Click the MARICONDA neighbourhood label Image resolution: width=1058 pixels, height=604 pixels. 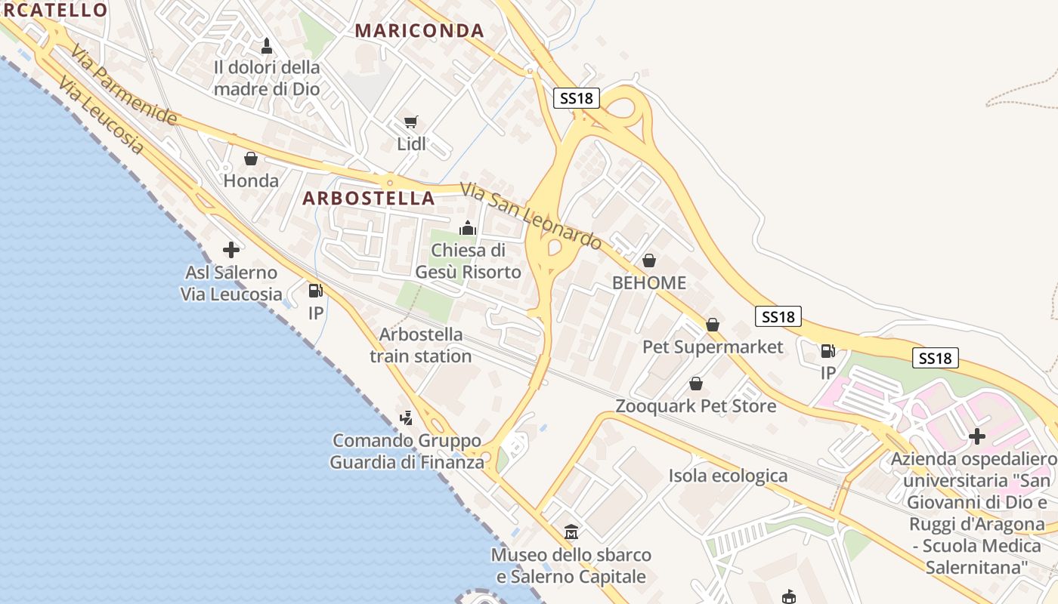(x=419, y=31)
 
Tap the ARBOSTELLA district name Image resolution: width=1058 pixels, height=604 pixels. (x=369, y=199)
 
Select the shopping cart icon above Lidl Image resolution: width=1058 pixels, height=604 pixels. (x=411, y=122)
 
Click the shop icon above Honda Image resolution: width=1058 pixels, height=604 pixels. (x=251, y=159)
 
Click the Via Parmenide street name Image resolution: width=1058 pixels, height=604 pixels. (x=125, y=85)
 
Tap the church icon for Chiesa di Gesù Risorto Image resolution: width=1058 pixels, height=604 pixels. (x=468, y=227)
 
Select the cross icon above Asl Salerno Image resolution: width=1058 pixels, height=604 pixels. (x=231, y=250)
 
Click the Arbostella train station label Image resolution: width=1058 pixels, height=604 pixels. (x=421, y=345)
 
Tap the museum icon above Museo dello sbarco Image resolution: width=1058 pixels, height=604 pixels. (x=571, y=532)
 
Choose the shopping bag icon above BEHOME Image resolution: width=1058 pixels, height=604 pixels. (x=648, y=260)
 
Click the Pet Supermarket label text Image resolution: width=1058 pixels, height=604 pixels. (x=713, y=347)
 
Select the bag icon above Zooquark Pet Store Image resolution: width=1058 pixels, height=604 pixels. (x=696, y=384)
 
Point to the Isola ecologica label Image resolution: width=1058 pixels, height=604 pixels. (x=728, y=476)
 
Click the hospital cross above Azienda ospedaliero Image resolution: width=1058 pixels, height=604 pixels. (x=977, y=436)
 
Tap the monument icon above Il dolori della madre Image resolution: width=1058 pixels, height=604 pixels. (x=266, y=46)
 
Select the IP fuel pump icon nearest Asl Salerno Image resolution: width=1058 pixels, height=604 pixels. (x=315, y=291)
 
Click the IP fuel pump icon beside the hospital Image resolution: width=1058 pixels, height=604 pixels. (x=828, y=351)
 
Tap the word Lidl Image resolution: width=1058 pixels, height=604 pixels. (x=412, y=144)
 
